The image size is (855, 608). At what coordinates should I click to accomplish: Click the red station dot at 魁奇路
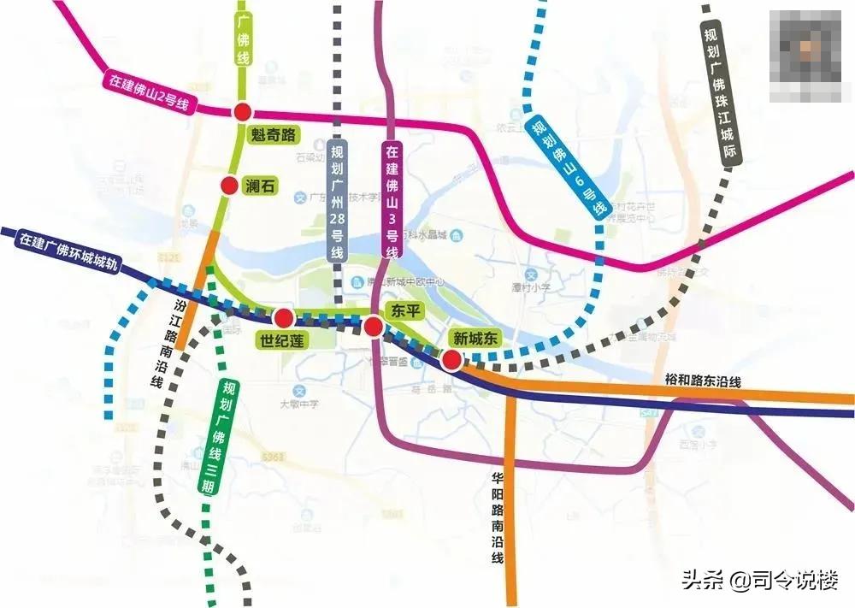click(243, 111)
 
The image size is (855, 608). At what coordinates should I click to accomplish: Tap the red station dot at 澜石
click(228, 186)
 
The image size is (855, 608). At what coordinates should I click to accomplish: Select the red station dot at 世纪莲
click(284, 319)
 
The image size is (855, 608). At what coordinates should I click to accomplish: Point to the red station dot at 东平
click(373, 327)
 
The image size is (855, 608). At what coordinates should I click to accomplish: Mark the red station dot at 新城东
click(450, 360)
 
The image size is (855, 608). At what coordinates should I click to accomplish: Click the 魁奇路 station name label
click(273, 134)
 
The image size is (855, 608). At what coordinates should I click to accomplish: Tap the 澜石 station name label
click(260, 186)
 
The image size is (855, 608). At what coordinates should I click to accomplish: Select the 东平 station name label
click(402, 310)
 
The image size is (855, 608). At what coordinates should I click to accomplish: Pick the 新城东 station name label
click(475, 338)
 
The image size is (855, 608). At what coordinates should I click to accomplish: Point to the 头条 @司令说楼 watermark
click(759, 579)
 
